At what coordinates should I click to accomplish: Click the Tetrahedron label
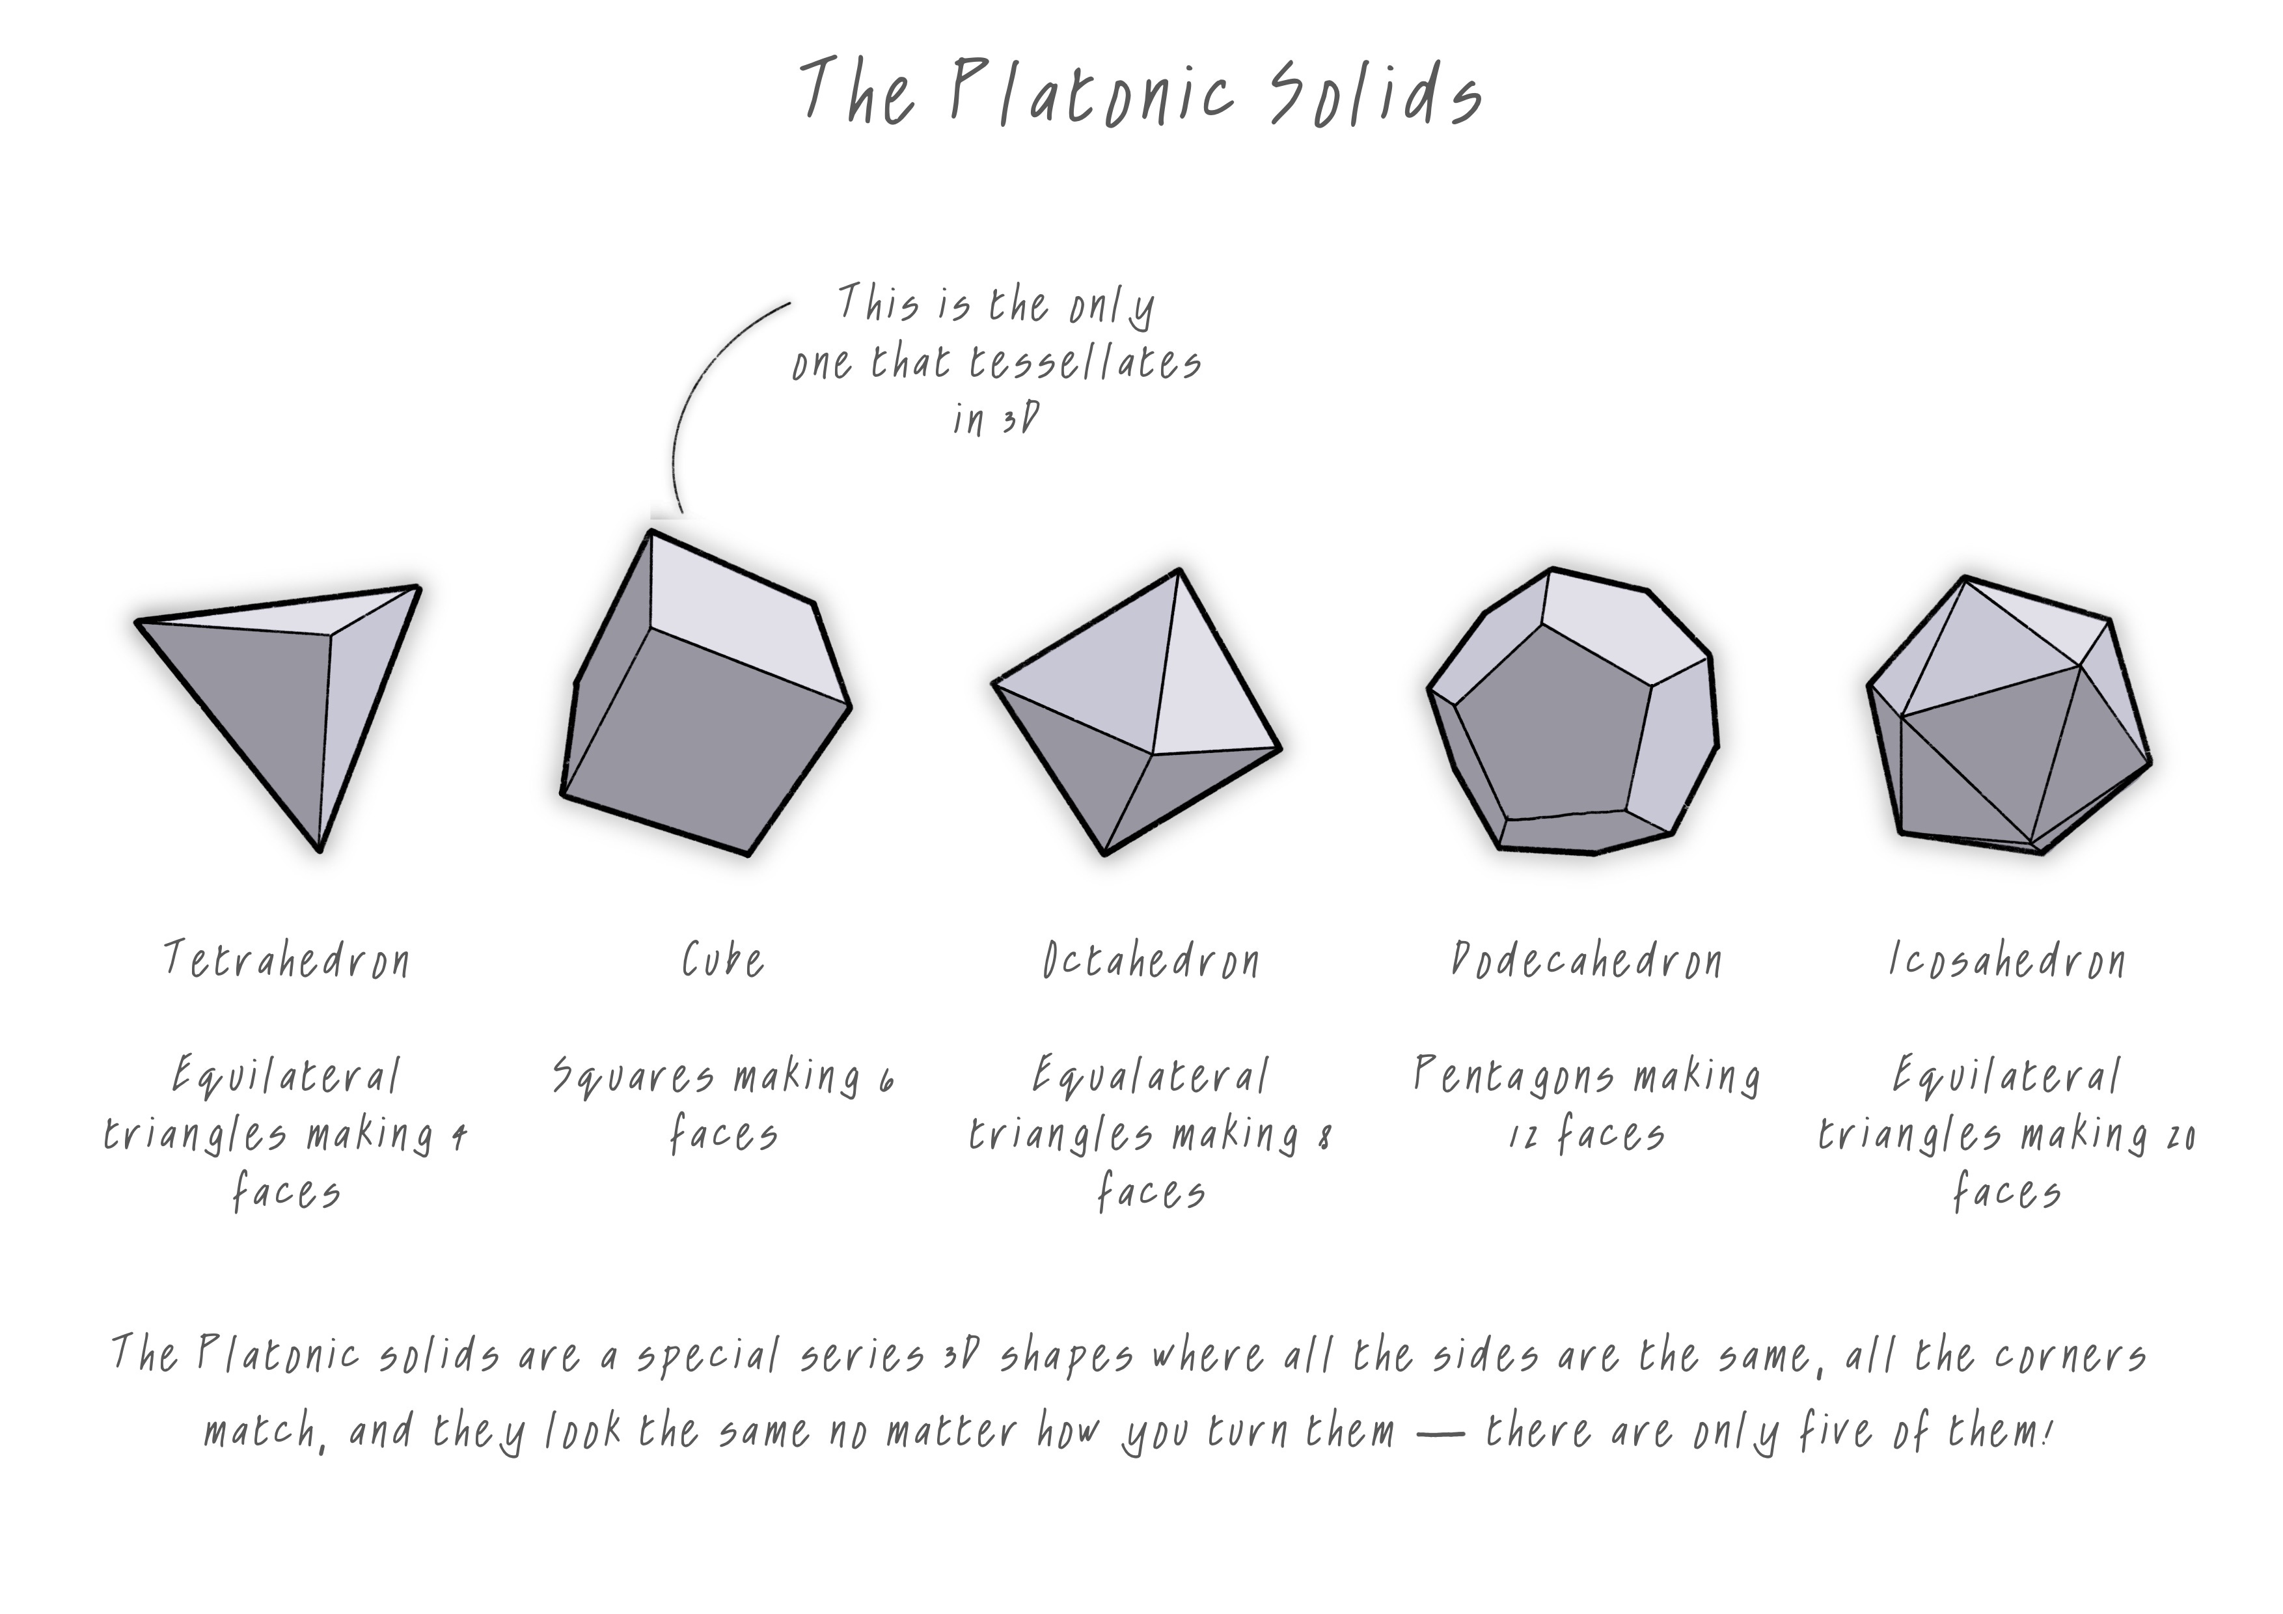tap(286, 961)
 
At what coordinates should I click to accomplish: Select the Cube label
tap(723, 961)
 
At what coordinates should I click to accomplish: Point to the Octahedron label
tap(1151, 961)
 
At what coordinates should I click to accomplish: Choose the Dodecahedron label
tap(1586, 961)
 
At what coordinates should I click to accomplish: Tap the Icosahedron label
tap(2006, 961)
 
